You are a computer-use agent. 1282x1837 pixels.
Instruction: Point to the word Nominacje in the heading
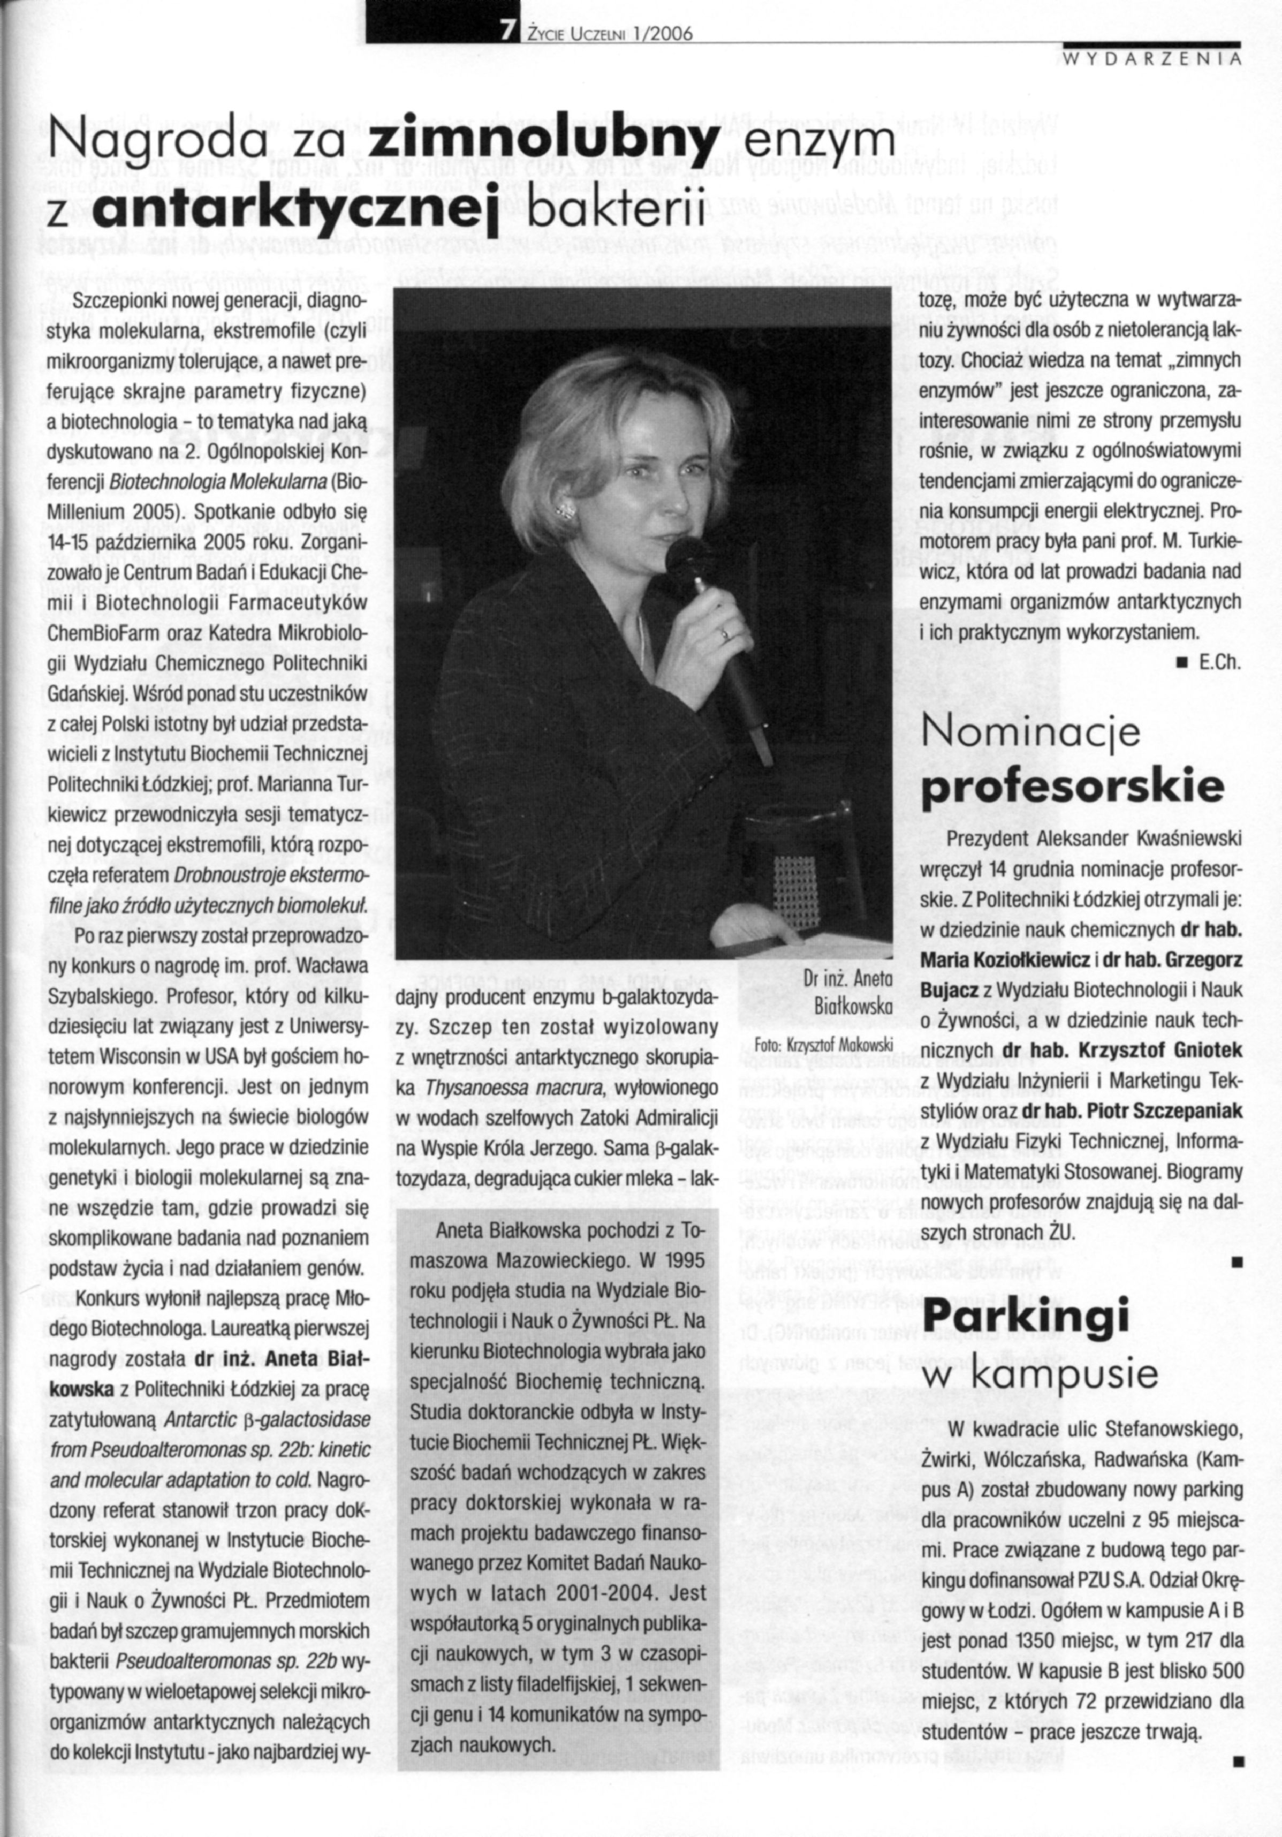click(x=1031, y=733)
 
